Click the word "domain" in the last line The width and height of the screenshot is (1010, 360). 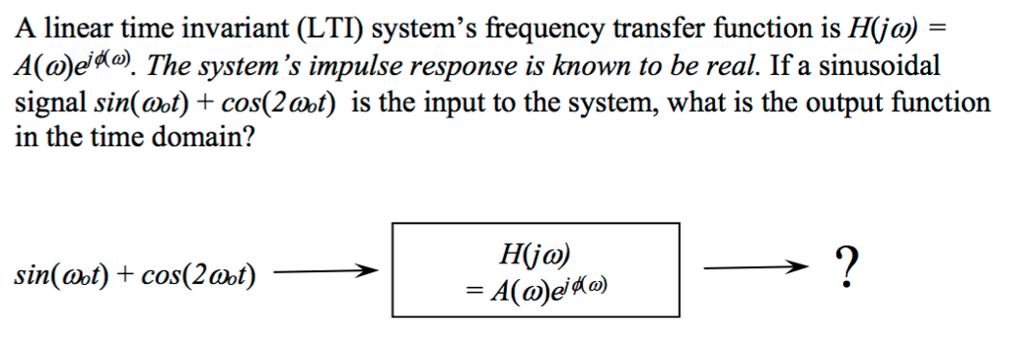(x=207, y=138)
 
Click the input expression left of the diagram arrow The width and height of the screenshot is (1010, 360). (x=134, y=272)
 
